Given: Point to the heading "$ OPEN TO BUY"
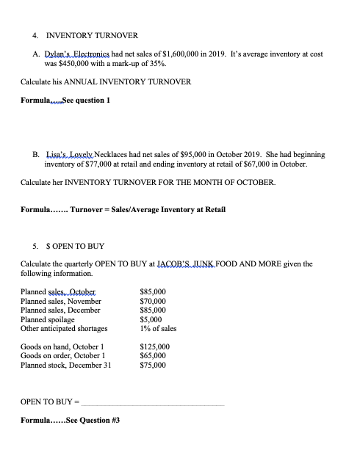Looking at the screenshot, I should pyautogui.click(x=73, y=247).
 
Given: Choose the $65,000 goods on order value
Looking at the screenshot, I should pyautogui.click(x=154, y=355).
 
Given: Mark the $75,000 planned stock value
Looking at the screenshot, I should pyautogui.click(x=154, y=365).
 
